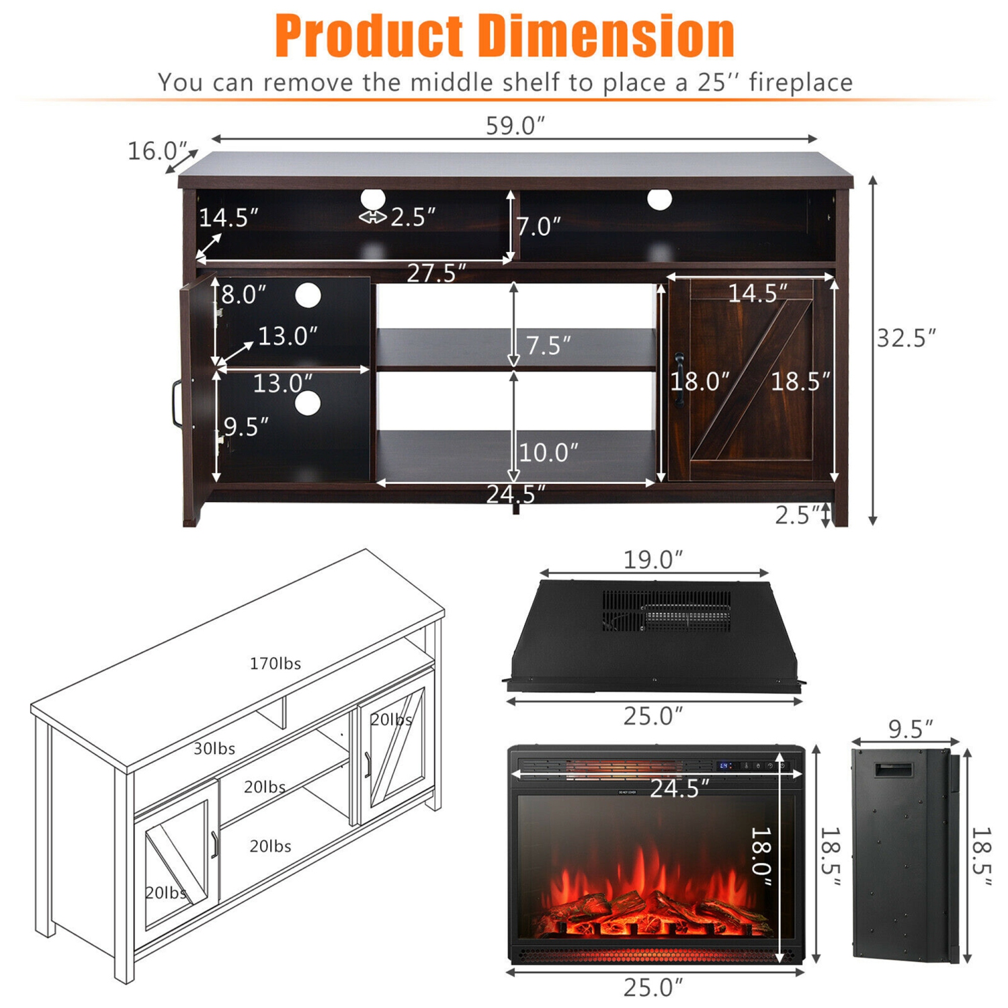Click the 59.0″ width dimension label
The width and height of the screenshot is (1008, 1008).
(515, 125)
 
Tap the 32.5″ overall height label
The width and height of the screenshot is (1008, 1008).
(906, 337)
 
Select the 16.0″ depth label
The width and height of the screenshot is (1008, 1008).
(157, 151)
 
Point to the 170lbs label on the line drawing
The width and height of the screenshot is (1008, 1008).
(276, 663)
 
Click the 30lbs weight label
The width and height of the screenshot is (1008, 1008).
(214, 748)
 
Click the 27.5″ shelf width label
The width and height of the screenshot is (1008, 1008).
(436, 273)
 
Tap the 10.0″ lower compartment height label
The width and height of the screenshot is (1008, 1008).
(548, 452)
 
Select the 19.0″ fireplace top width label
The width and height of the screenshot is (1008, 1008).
(653, 559)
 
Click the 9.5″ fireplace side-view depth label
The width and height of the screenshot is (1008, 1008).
(911, 728)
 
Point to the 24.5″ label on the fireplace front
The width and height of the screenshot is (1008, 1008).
(679, 788)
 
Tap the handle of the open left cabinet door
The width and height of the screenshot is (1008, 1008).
(176, 405)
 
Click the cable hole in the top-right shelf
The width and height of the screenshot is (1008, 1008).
(659, 199)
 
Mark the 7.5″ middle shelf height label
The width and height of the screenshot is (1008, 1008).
(548, 345)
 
